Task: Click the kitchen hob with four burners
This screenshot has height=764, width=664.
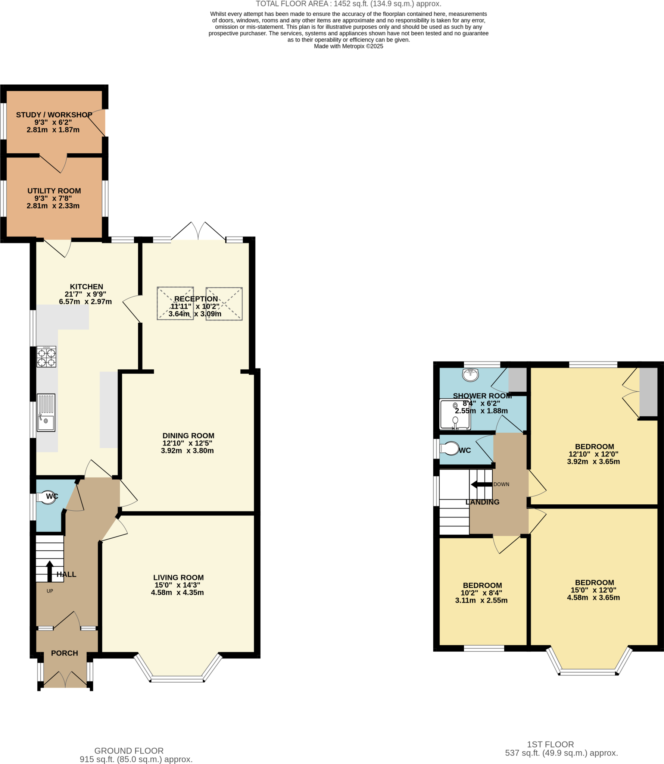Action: point(46,357)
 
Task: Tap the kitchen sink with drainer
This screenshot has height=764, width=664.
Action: point(46,413)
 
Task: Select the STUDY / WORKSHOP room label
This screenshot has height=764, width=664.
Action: point(54,115)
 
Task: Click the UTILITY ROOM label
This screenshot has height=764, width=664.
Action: point(54,191)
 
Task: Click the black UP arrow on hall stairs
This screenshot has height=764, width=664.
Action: point(50,571)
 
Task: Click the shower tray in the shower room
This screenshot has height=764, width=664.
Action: point(455,414)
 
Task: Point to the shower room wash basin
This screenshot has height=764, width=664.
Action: point(470,375)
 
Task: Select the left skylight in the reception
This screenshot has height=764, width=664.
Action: point(175,303)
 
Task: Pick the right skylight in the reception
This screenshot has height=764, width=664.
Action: point(224,304)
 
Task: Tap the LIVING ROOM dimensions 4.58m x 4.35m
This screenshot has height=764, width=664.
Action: point(177,592)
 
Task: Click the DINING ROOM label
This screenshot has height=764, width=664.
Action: point(188,435)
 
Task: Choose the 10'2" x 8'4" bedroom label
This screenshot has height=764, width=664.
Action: point(482,585)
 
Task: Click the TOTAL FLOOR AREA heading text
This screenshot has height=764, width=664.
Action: point(348,4)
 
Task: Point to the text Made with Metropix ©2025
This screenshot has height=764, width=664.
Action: point(348,46)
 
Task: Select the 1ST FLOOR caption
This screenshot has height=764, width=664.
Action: point(550,745)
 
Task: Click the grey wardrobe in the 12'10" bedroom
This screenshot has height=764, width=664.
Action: point(648,392)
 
